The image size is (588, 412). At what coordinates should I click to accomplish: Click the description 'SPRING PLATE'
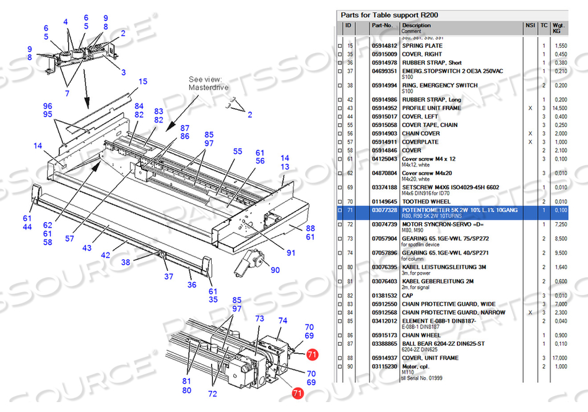(422, 46)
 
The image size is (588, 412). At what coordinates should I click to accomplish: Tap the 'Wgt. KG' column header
(559, 28)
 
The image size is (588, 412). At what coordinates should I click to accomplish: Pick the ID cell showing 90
(350, 367)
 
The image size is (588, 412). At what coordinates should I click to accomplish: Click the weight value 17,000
(559, 358)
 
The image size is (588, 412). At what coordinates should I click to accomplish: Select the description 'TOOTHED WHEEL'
(426, 202)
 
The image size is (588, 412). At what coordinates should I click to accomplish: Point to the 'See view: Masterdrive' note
(209, 84)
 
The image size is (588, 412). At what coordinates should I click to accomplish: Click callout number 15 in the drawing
(143, 82)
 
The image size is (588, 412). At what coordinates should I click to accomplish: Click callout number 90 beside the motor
(275, 270)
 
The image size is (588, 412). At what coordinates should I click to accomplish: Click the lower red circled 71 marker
(297, 393)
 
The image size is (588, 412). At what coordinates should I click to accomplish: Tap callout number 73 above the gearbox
(259, 318)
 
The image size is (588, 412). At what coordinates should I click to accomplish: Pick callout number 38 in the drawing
(126, 262)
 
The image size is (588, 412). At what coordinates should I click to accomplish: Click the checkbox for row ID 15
(339, 46)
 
